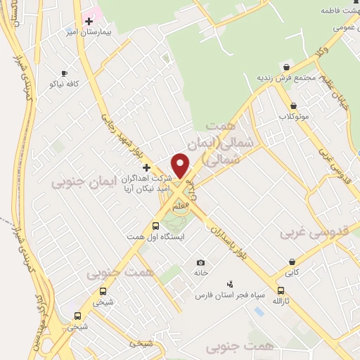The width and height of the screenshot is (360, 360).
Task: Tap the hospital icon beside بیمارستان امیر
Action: (x=89, y=21)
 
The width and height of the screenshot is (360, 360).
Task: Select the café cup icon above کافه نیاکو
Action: (x=65, y=73)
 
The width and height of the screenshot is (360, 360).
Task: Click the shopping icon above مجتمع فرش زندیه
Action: (x=283, y=66)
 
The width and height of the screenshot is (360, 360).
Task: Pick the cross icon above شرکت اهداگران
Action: (x=146, y=167)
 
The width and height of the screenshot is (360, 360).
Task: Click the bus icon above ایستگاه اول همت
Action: (x=155, y=226)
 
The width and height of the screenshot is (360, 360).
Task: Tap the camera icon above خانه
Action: (x=201, y=262)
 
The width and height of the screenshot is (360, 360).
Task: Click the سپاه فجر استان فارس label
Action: (x=230, y=295)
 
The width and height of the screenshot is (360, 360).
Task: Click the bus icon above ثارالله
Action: (x=281, y=290)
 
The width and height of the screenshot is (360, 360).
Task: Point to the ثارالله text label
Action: (x=282, y=301)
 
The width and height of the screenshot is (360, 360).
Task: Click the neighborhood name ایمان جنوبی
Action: (x=77, y=182)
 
